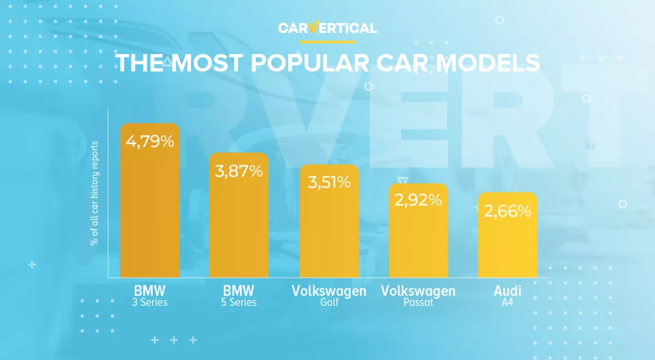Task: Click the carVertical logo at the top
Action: [327, 28]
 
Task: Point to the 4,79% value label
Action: [150, 142]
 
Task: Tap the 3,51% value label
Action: [329, 182]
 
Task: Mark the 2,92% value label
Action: [418, 200]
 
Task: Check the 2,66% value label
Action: [508, 211]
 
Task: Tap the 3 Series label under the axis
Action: [150, 302]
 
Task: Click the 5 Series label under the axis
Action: [239, 302]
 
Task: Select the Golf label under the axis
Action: [329, 302]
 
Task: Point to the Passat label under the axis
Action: [418, 302]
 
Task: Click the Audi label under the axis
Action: [508, 290]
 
